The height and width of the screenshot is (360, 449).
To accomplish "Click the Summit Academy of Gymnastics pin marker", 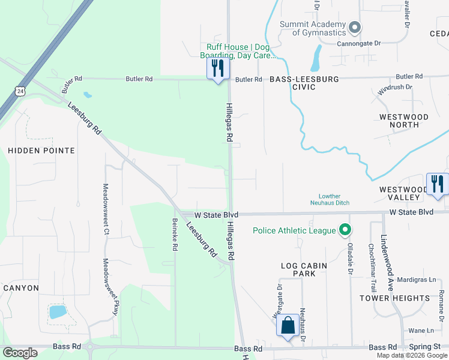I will click(x=355, y=27).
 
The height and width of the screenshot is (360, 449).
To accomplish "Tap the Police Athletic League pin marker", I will click(x=345, y=230).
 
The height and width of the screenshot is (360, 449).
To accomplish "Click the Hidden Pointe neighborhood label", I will click(x=41, y=151).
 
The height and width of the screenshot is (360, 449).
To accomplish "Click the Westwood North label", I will click(x=404, y=121).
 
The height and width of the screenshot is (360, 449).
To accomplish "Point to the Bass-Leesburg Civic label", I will click(x=304, y=83).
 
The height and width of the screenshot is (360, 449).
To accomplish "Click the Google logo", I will click(x=20, y=353).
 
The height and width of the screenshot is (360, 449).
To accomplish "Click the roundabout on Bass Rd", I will click(x=91, y=346).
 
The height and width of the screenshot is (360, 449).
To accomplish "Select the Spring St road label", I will click(x=429, y=347).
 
